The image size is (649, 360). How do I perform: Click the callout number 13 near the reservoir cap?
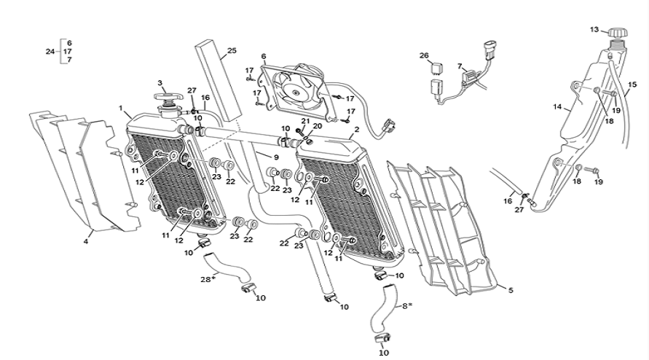pyautogui.click(x=594, y=30)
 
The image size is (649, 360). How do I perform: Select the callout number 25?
pyautogui.click(x=232, y=51)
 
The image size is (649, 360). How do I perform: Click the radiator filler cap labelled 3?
pyautogui.click(x=168, y=99)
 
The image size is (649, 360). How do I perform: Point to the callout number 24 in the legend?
pyautogui.click(x=50, y=51)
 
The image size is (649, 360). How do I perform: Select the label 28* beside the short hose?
pyautogui.click(x=209, y=279)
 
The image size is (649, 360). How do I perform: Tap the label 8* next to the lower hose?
pyautogui.click(x=406, y=305)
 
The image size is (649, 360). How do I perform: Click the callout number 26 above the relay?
pyautogui.click(x=424, y=55)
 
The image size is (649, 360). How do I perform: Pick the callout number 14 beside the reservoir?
pyautogui.click(x=556, y=107)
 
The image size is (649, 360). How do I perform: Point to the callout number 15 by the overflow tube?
pyautogui.click(x=632, y=84)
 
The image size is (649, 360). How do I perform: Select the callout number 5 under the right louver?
pyautogui.click(x=511, y=290)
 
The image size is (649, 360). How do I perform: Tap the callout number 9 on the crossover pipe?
pyautogui.click(x=276, y=157)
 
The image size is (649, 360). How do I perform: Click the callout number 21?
pyautogui.click(x=306, y=121)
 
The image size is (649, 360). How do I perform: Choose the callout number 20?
pyautogui.click(x=317, y=125)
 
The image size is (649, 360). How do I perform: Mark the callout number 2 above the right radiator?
pyautogui.click(x=357, y=130)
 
